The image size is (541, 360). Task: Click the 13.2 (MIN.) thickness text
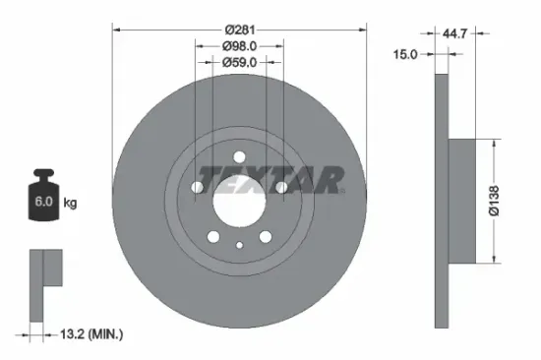[x=91, y=334]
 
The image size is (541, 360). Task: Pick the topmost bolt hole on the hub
[x=239, y=155]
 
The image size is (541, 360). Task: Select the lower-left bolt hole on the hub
[x=213, y=236]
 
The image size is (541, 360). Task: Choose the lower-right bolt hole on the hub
[x=266, y=236]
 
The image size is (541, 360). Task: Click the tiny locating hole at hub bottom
[x=239, y=246]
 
